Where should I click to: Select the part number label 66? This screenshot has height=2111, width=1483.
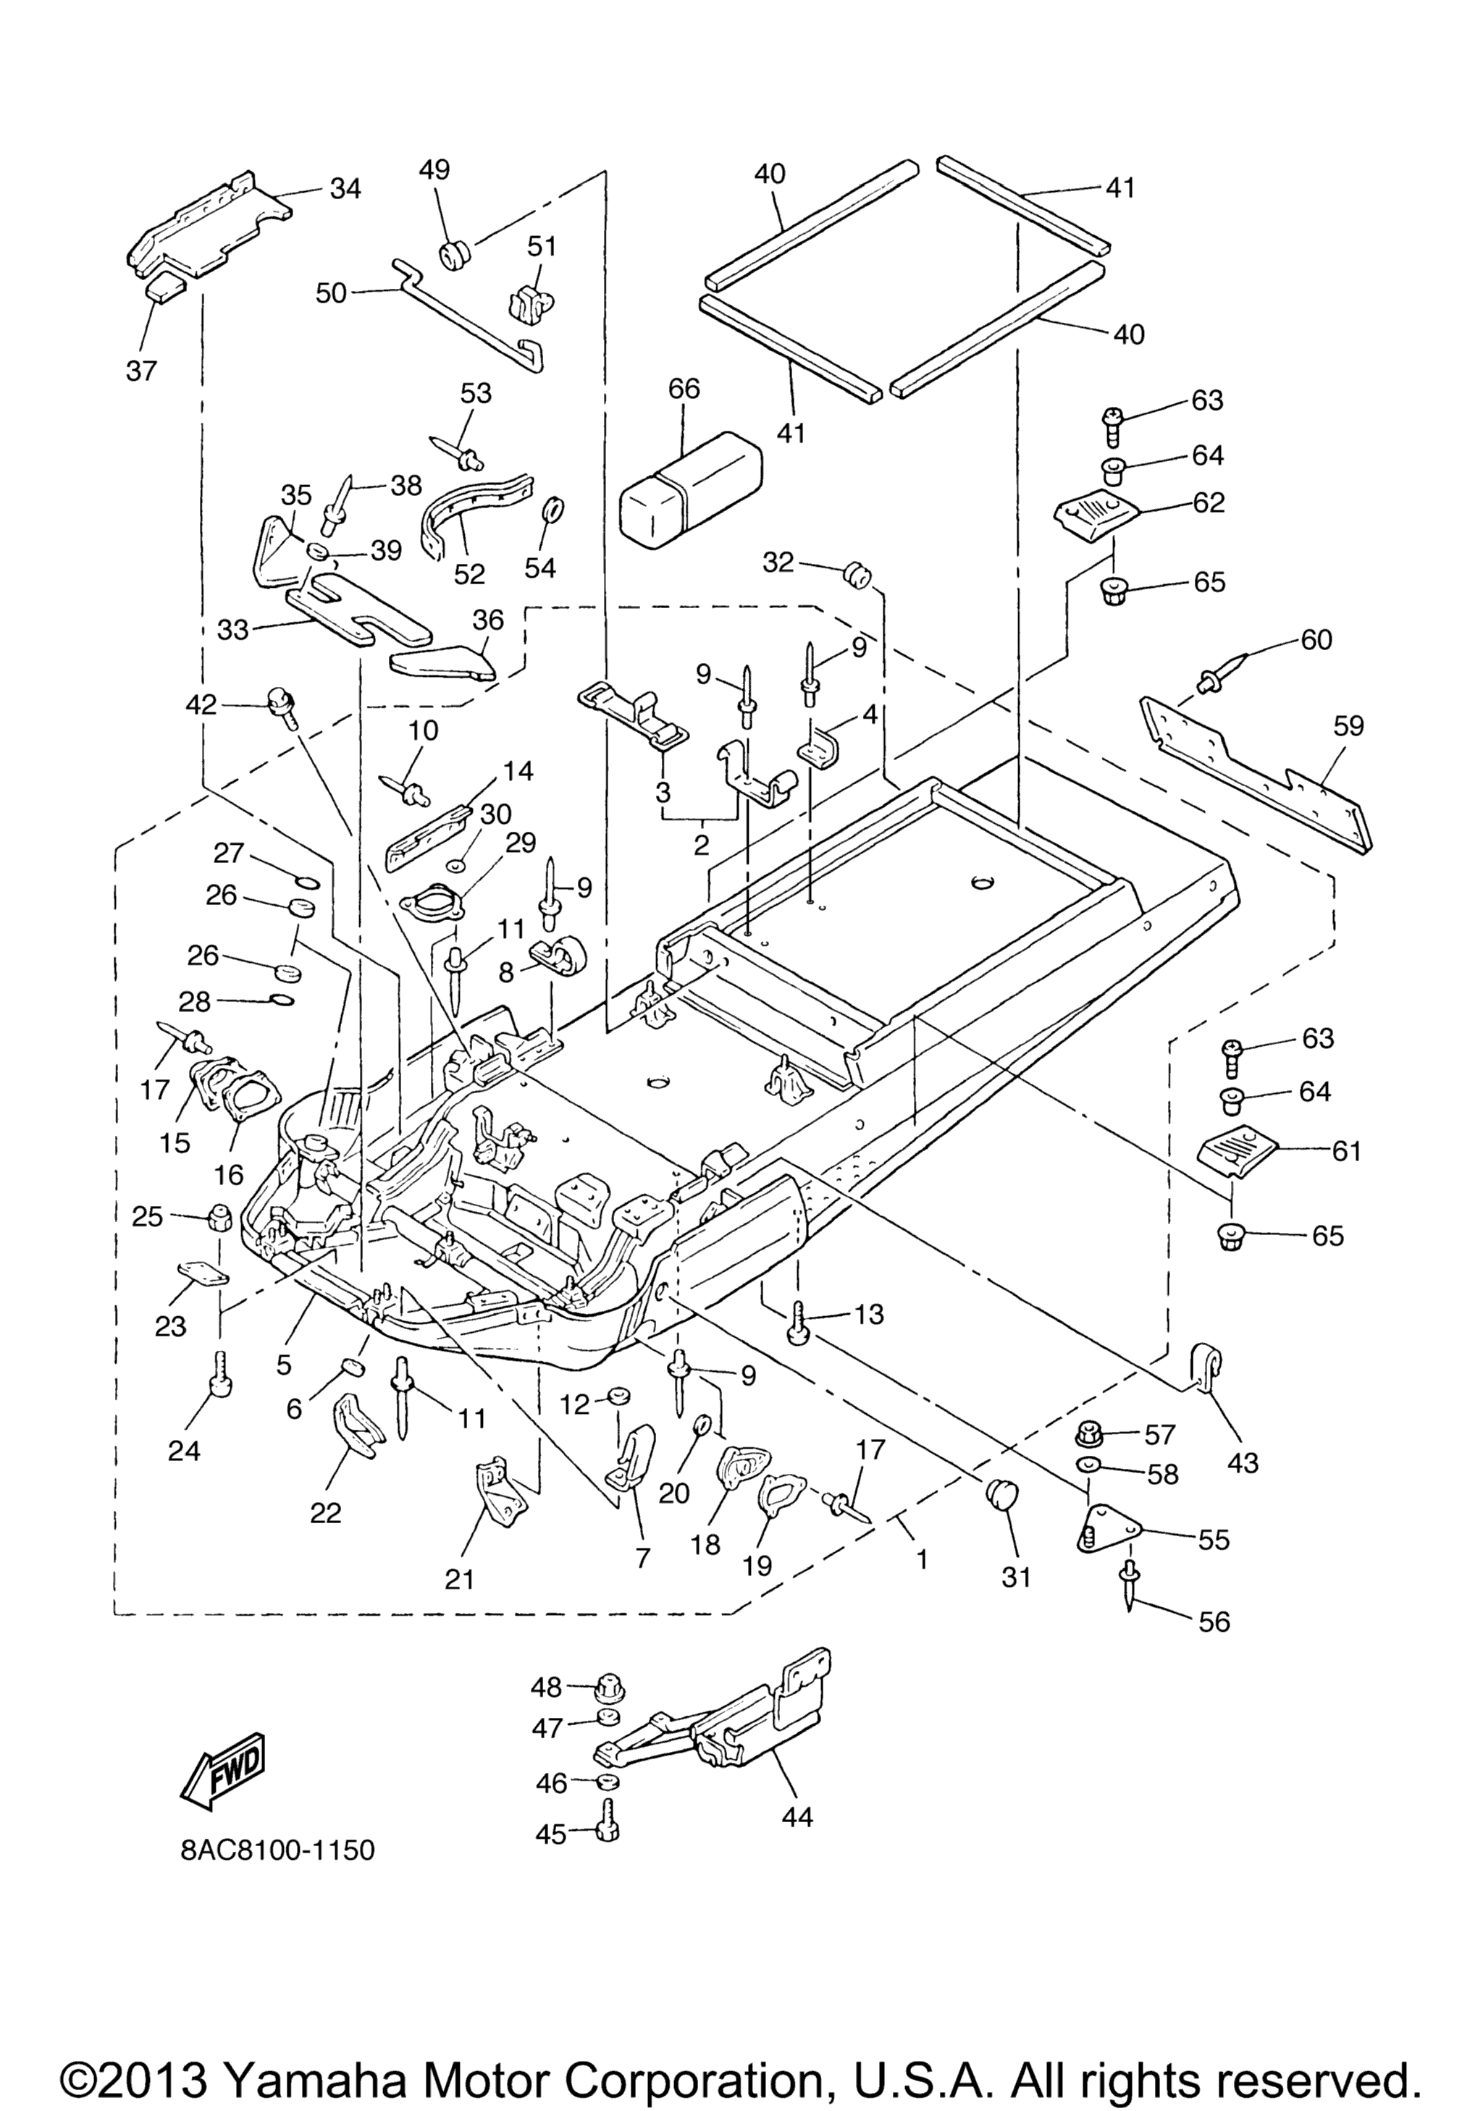coord(684,388)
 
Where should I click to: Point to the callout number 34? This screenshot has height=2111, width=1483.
coord(345,188)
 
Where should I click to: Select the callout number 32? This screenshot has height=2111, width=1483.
coord(778,562)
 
